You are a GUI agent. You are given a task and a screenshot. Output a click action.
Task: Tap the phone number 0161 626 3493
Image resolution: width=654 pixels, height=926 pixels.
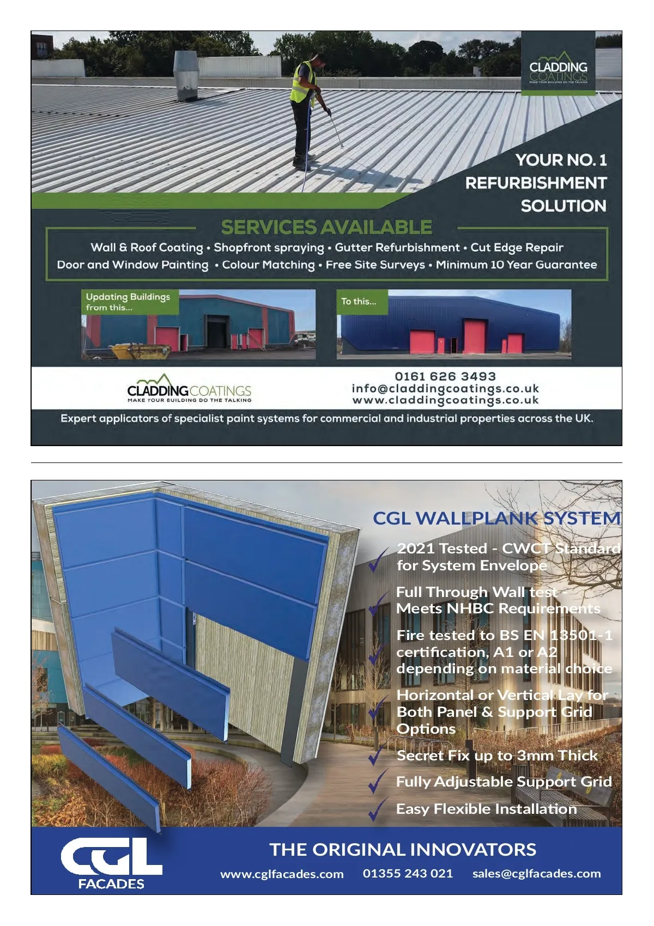(445, 376)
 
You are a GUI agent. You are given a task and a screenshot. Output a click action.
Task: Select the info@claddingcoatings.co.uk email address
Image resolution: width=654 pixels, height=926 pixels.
(445, 388)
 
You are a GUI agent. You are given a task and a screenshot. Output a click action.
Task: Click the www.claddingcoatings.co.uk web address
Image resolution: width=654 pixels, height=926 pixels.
(445, 400)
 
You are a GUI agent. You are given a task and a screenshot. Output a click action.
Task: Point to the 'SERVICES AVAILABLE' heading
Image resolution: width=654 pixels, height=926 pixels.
(326, 227)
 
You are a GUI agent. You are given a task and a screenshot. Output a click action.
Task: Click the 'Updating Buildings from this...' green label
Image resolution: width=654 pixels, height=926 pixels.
(129, 302)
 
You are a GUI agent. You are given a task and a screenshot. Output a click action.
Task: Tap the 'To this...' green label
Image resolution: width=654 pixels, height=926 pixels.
(359, 301)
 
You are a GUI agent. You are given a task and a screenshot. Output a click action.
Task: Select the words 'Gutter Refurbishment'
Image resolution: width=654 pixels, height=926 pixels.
(397, 248)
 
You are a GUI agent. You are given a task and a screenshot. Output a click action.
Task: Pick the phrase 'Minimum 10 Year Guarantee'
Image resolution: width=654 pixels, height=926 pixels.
(516, 265)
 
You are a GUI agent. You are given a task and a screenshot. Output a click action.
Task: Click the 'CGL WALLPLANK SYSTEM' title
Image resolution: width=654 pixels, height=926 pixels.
(496, 518)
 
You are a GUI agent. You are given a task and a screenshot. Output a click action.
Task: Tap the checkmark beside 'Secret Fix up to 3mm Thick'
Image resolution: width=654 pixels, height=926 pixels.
(377, 756)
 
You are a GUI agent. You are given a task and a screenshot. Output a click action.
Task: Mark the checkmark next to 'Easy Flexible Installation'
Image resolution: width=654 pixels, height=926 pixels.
(377, 809)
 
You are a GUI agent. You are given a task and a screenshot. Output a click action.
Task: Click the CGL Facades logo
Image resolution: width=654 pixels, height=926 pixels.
(111, 862)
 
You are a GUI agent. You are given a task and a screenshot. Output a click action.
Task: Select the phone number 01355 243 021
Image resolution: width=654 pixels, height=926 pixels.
(408, 874)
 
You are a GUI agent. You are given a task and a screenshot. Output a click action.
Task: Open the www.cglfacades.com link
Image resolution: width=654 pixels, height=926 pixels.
(282, 874)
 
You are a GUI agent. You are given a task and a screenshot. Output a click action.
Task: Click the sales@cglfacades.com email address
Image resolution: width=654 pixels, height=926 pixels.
(536, 874)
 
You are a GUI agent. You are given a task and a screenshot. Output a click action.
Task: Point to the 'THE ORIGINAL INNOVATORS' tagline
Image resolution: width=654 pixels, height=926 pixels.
(403, 850)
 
